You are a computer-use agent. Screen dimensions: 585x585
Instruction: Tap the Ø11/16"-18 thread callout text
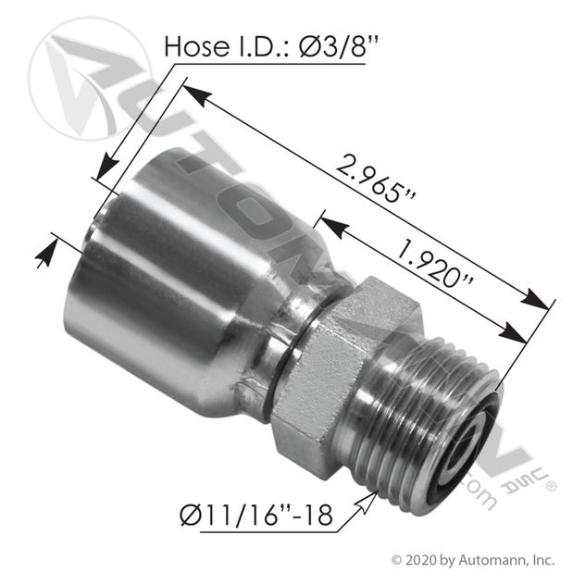click(x=255, y=516)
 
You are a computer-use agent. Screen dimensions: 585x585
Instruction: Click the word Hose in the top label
click(x=197, y=46)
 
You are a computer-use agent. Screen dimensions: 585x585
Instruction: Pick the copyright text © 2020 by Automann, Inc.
click(x=473, y=560)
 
